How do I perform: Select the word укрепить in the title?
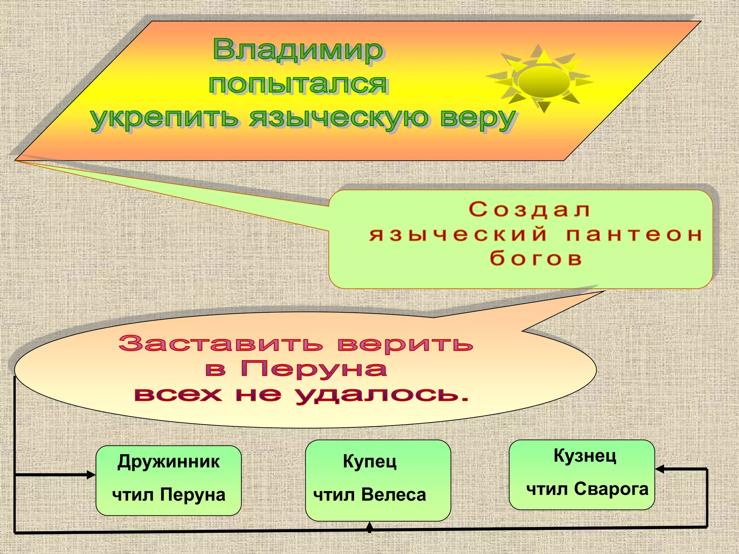(164, 118)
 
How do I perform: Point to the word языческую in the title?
(339, 118)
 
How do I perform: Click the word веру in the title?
(478, 118)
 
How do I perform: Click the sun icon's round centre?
(544, 82)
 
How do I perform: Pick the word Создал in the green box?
(529, 210)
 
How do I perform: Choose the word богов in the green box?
(536, 258)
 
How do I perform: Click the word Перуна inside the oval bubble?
(314, 369)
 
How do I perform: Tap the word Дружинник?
(169, 462)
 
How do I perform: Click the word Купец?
(370, 462)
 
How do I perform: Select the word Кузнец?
(585, 456)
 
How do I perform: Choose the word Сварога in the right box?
(611, 489)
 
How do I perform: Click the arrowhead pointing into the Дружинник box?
(91, 475)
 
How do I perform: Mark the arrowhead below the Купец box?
(369, 527)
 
